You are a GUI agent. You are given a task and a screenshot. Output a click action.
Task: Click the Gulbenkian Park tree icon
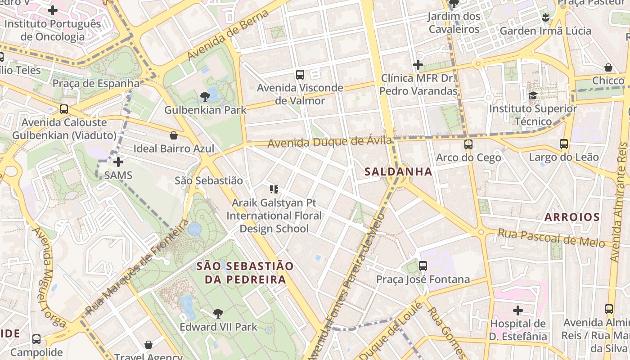point(205,96)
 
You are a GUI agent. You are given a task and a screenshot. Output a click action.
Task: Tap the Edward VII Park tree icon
point(218,313)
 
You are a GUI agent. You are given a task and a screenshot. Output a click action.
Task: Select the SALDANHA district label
point(398,171)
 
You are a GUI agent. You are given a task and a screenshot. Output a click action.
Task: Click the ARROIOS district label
point(572,217)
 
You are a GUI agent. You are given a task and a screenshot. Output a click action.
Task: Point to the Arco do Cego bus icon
point(468,144)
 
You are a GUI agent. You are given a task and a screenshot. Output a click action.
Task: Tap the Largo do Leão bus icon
point(564,144)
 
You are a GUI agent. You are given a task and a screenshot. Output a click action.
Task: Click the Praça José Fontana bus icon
point(423,266)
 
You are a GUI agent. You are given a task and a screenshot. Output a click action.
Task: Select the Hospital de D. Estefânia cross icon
point(518,310)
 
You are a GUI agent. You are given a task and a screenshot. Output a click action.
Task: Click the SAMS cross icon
point(118,162)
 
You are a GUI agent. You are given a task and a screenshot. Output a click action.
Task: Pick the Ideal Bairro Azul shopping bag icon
point(174,135)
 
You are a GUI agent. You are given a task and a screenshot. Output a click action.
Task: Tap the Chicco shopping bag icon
point(608,67)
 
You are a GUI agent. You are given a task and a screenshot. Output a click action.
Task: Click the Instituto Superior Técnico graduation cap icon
point(533,95)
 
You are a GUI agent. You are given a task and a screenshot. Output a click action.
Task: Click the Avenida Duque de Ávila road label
point(330,142)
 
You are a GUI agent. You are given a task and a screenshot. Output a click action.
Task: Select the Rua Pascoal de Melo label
point(551,238)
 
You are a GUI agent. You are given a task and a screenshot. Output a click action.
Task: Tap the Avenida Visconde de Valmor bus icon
point(300,75)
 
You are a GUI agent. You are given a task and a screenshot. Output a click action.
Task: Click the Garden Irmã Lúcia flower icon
point(545,18)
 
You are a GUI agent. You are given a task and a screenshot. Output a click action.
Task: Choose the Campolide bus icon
point(36,339)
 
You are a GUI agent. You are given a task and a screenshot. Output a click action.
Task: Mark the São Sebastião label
point(209,180)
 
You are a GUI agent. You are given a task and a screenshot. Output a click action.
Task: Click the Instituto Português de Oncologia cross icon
point(53,10)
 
